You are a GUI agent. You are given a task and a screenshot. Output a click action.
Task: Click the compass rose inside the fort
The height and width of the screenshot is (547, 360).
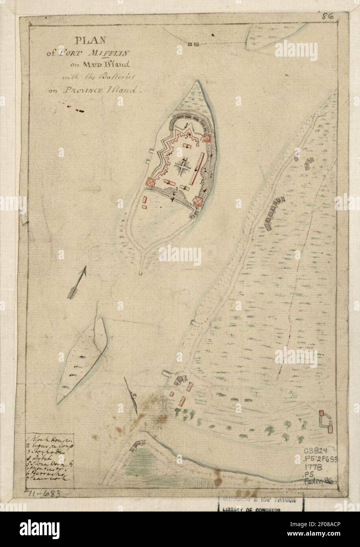183,167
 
